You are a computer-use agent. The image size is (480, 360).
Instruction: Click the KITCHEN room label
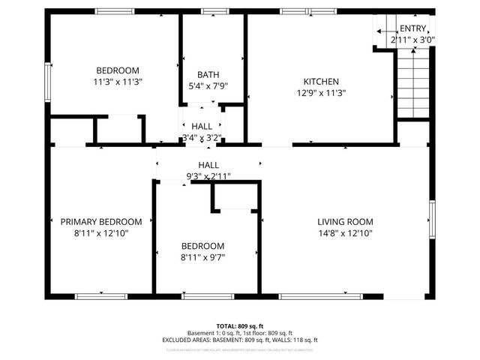321,82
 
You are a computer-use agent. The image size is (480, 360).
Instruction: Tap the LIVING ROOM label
345,221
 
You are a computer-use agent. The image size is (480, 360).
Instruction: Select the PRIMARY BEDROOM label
101,221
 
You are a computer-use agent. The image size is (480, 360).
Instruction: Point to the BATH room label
208,74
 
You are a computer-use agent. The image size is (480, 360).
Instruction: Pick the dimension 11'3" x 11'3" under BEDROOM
118,82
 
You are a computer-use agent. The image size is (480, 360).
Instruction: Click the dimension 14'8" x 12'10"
345,232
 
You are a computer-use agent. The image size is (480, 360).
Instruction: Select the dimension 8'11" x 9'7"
202,257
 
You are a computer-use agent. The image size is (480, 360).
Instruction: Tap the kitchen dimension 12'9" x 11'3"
321,93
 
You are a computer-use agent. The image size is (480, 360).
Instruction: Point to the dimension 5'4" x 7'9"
208,85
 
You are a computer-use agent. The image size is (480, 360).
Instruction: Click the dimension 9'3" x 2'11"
208,176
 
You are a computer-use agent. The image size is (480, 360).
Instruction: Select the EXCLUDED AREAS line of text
239,340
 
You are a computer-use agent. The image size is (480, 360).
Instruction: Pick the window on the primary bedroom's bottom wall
100,296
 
